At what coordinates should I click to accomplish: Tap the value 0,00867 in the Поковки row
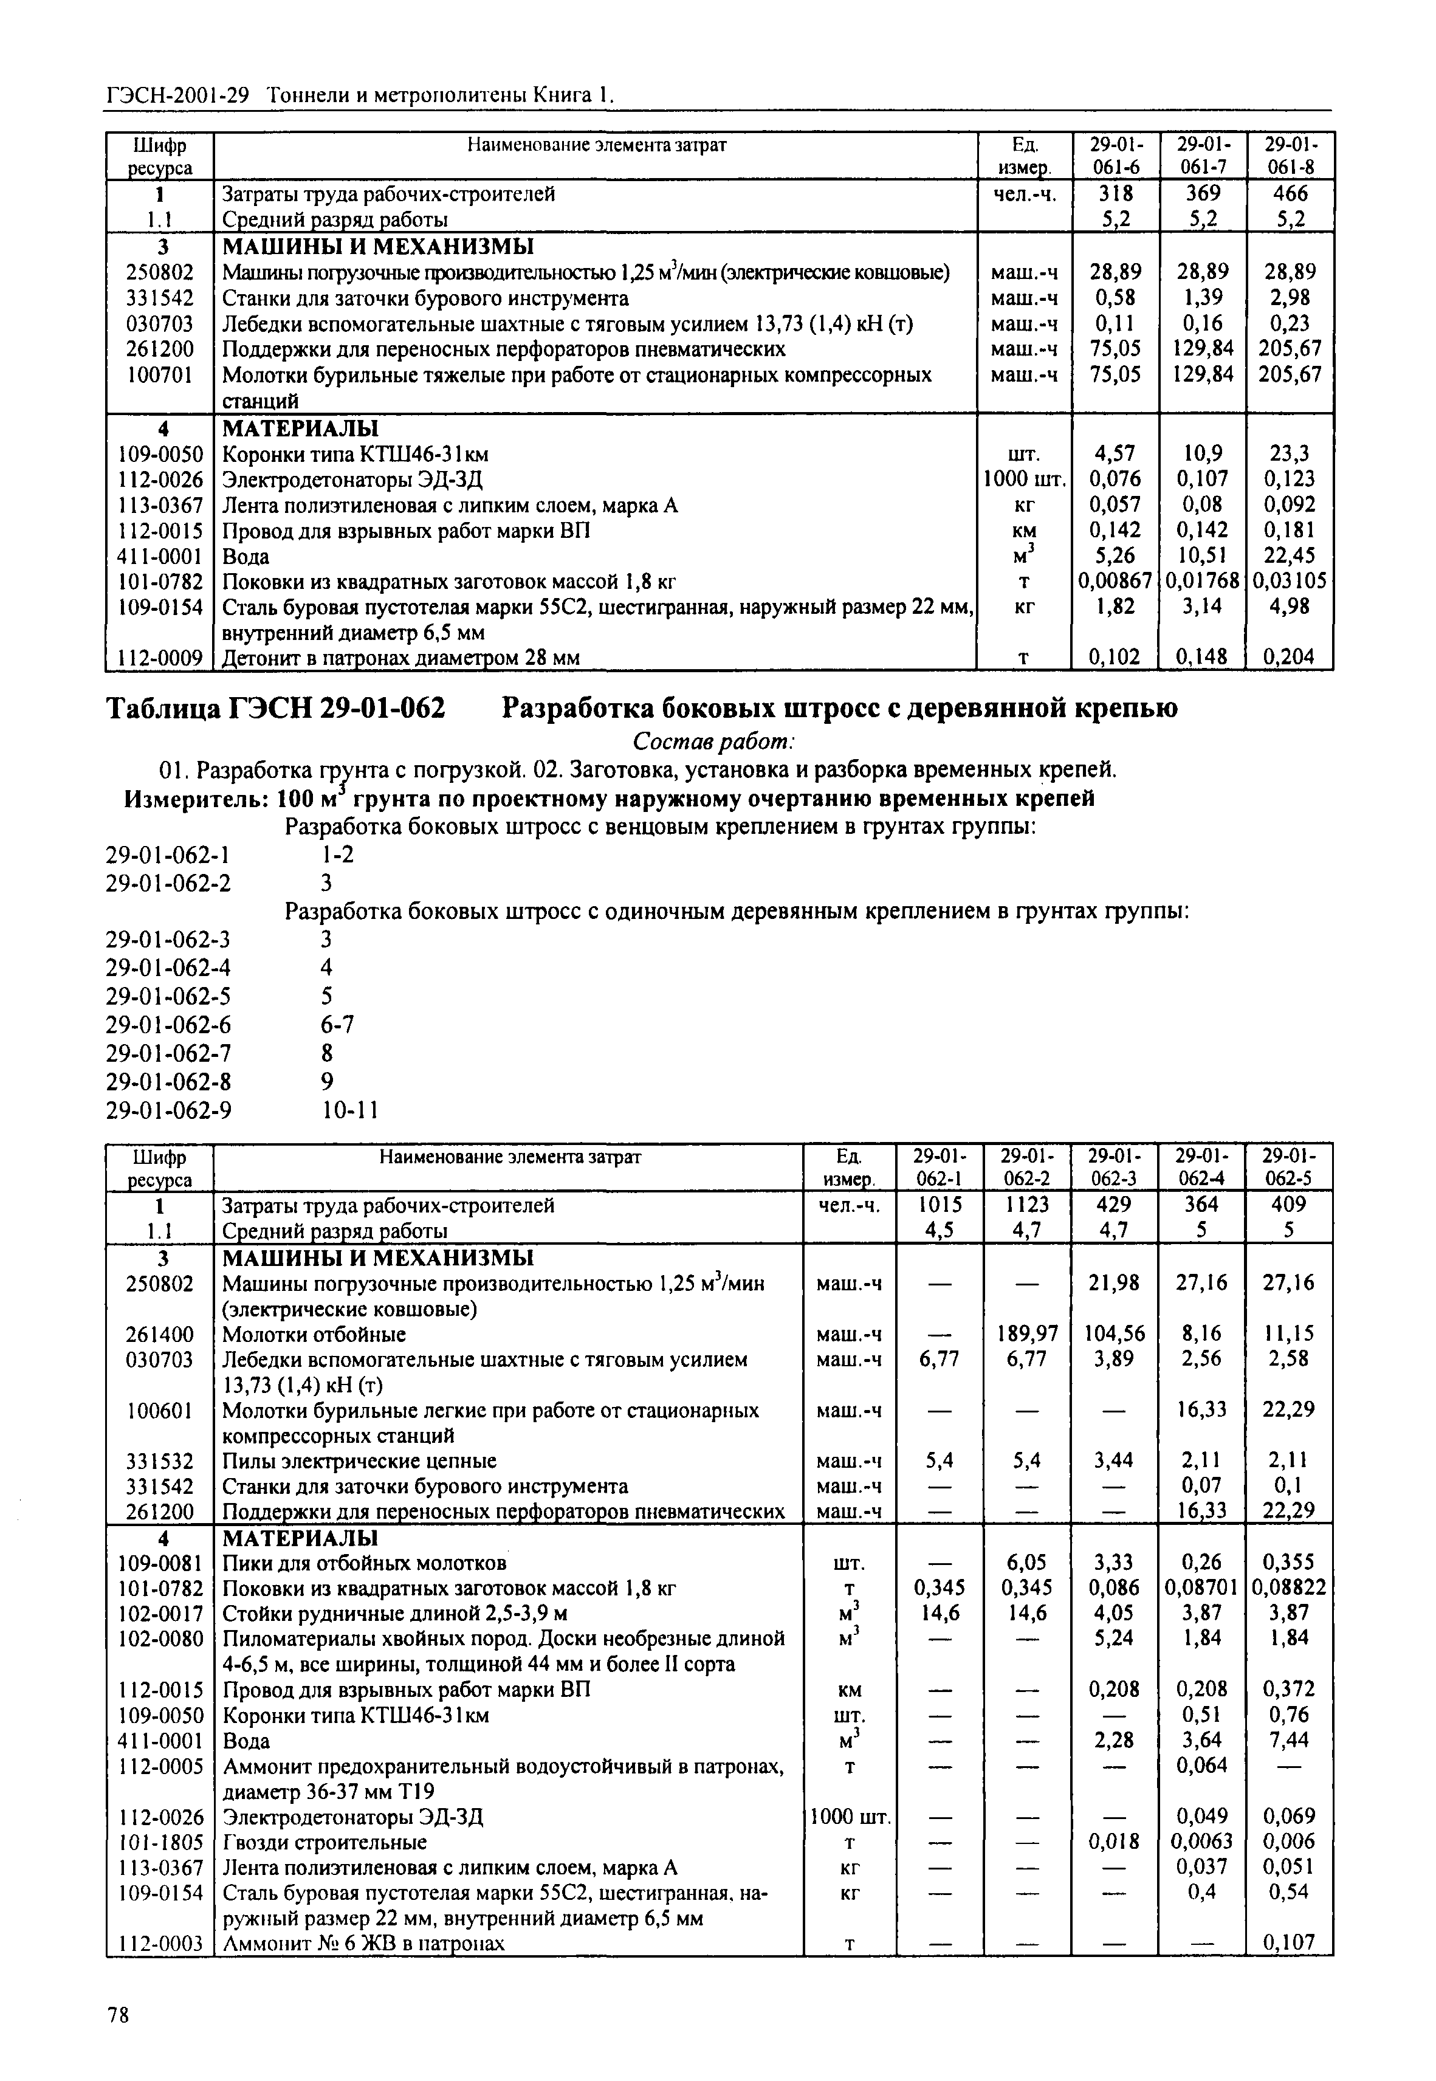pyautogui.click(x=1115, y=581)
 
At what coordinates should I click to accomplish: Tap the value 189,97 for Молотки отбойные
pyautogui.click(x=1026, y=1333)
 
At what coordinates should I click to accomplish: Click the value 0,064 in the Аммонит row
pyautogui.click(x=1201, y=1764)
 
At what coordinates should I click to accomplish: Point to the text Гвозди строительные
pyautogui.click(x=325, y=1842)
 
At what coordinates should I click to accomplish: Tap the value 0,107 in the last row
pyautogui.click(x=1290, y=1942)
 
